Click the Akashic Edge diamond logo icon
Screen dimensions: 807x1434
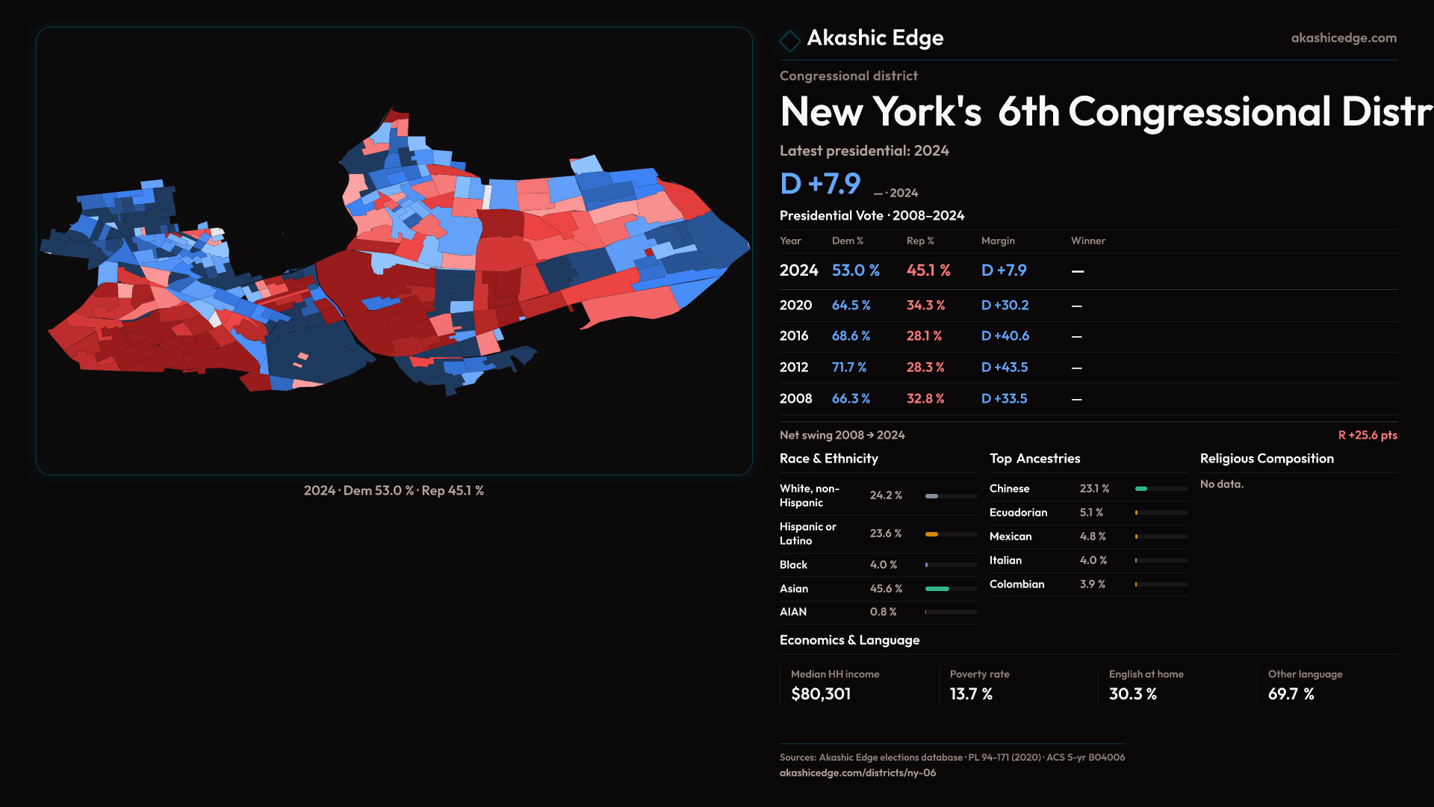(789, 40)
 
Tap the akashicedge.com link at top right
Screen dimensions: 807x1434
(1344, 38)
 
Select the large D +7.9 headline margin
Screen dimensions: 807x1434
(820, 184)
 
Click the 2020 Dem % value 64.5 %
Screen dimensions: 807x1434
(851, 306)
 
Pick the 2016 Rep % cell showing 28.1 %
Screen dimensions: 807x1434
(924, 336)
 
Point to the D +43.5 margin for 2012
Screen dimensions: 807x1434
(1005, 368)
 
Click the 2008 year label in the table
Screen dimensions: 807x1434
(795, 399)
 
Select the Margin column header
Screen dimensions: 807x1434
(998, 241)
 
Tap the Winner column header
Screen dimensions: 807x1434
(1087, 241)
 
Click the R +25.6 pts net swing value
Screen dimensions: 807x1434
(1367, 435)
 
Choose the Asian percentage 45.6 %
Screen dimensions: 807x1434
(886, 589)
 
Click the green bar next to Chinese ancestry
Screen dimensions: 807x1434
(1141, 489)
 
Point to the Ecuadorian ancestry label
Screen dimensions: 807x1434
(1018, 513)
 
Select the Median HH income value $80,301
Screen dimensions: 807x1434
(820, 694)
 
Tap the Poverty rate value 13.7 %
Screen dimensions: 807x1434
(971, 694)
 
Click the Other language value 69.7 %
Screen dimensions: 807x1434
(1291, 694)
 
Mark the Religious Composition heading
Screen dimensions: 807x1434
(1267, 459)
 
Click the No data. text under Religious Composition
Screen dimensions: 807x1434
(1222, 484)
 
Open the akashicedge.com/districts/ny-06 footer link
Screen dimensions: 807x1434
(857, 773)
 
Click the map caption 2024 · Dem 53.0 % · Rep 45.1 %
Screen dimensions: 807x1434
(394, 491)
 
